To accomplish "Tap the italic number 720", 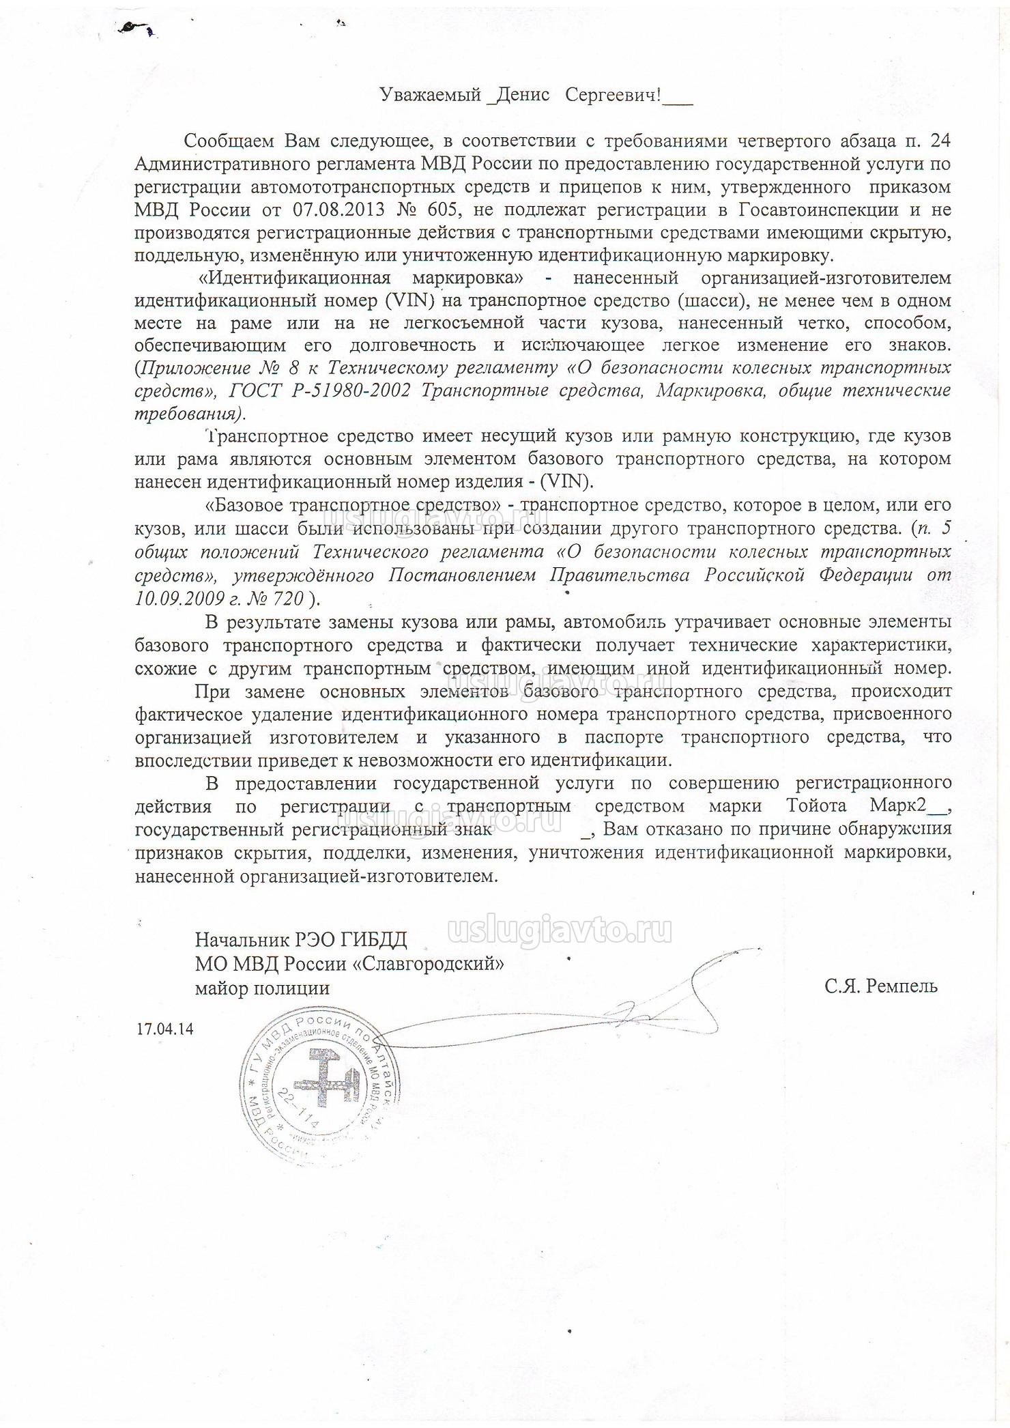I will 287,599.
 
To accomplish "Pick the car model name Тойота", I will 816,805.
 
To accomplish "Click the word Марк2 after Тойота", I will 897,805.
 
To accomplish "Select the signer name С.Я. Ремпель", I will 880,986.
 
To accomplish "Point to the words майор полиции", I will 262,988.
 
